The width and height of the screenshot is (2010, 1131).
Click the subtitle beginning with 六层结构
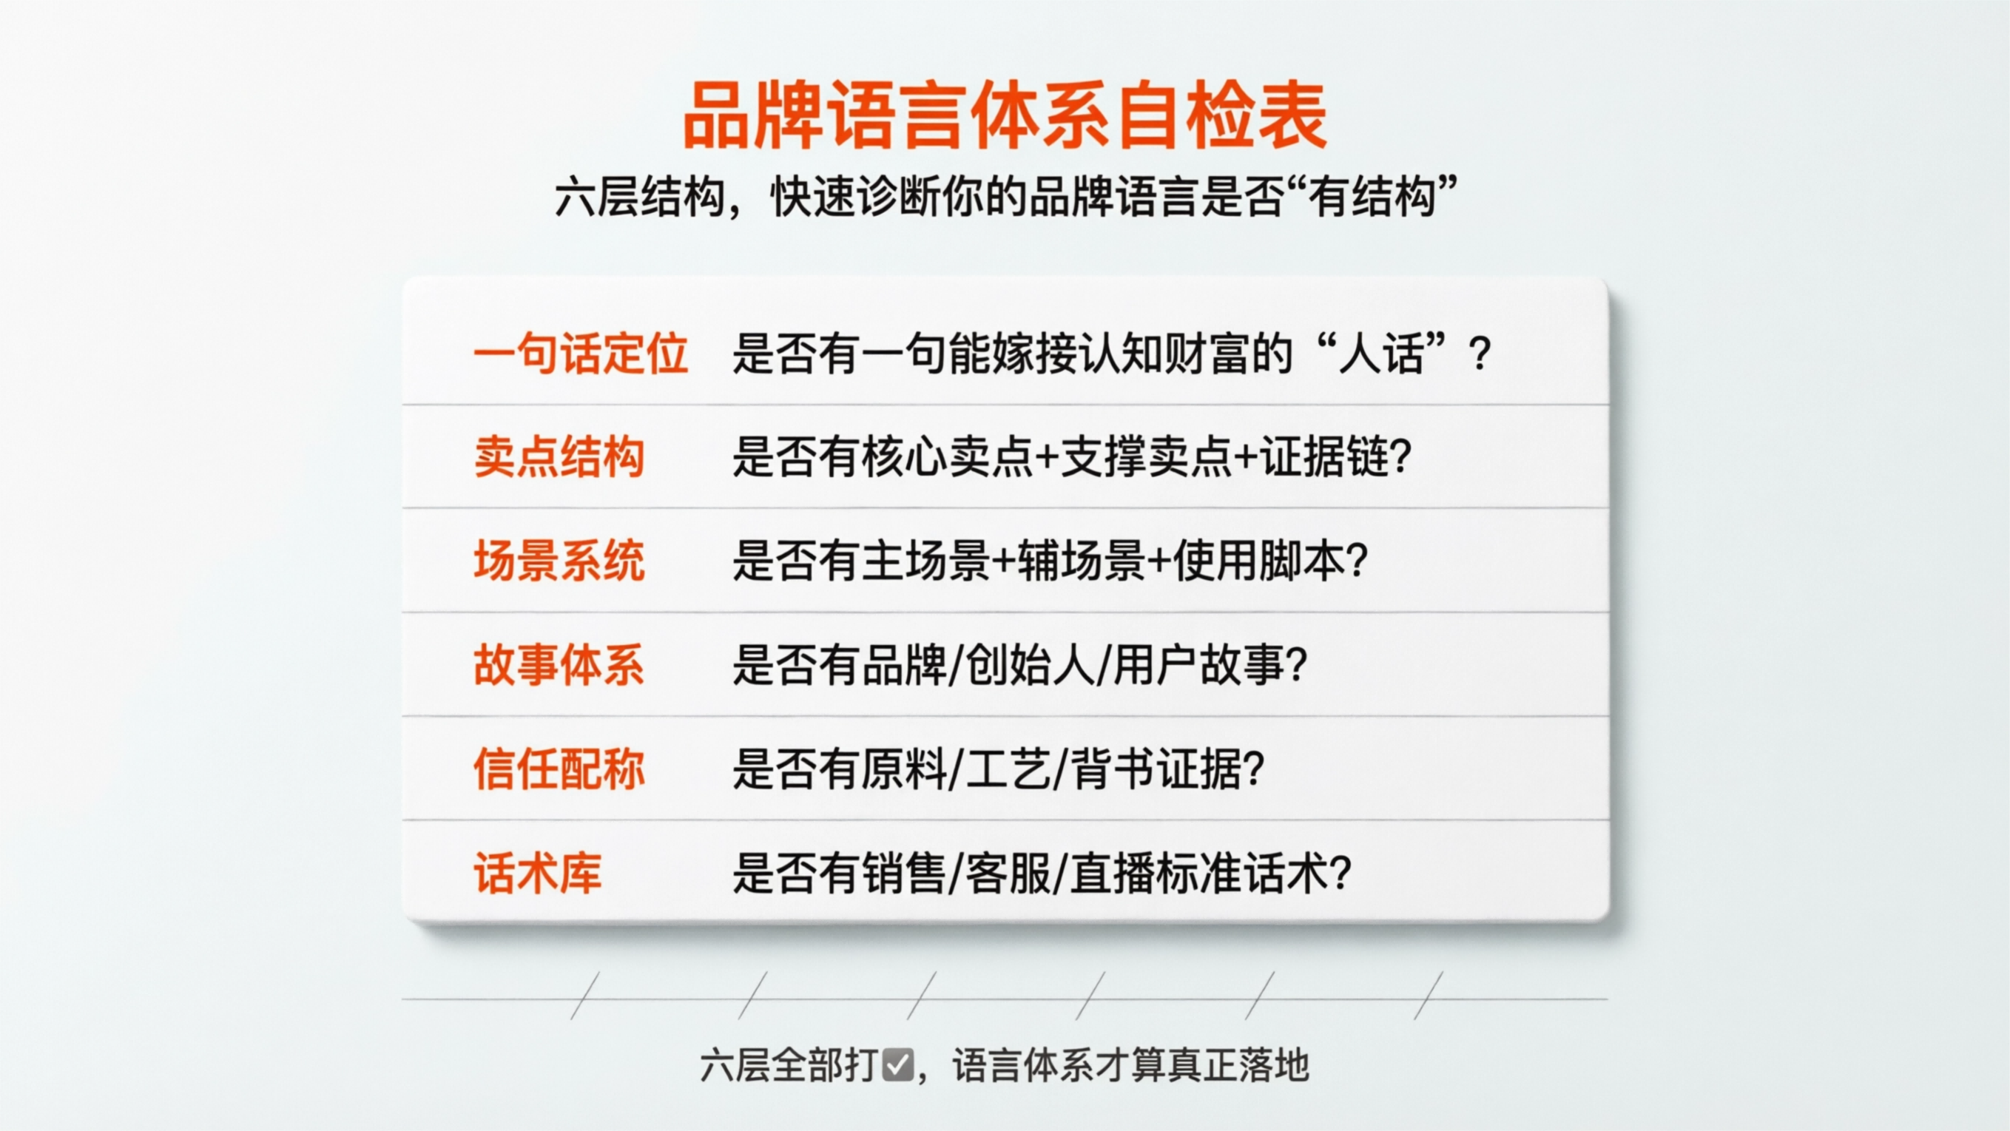click(1004, 197)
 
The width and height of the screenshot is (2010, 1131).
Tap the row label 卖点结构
click(559, 456)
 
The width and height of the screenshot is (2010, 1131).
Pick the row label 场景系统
click(559, 560)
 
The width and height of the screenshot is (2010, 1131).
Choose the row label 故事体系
click(559, 664)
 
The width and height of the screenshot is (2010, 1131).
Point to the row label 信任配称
click(559, 769)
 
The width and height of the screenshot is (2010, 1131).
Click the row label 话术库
click(538, 873)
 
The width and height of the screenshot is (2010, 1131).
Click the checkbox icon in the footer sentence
click(897, 1065)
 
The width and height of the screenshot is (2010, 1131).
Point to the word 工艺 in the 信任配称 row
click(1008, 769)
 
